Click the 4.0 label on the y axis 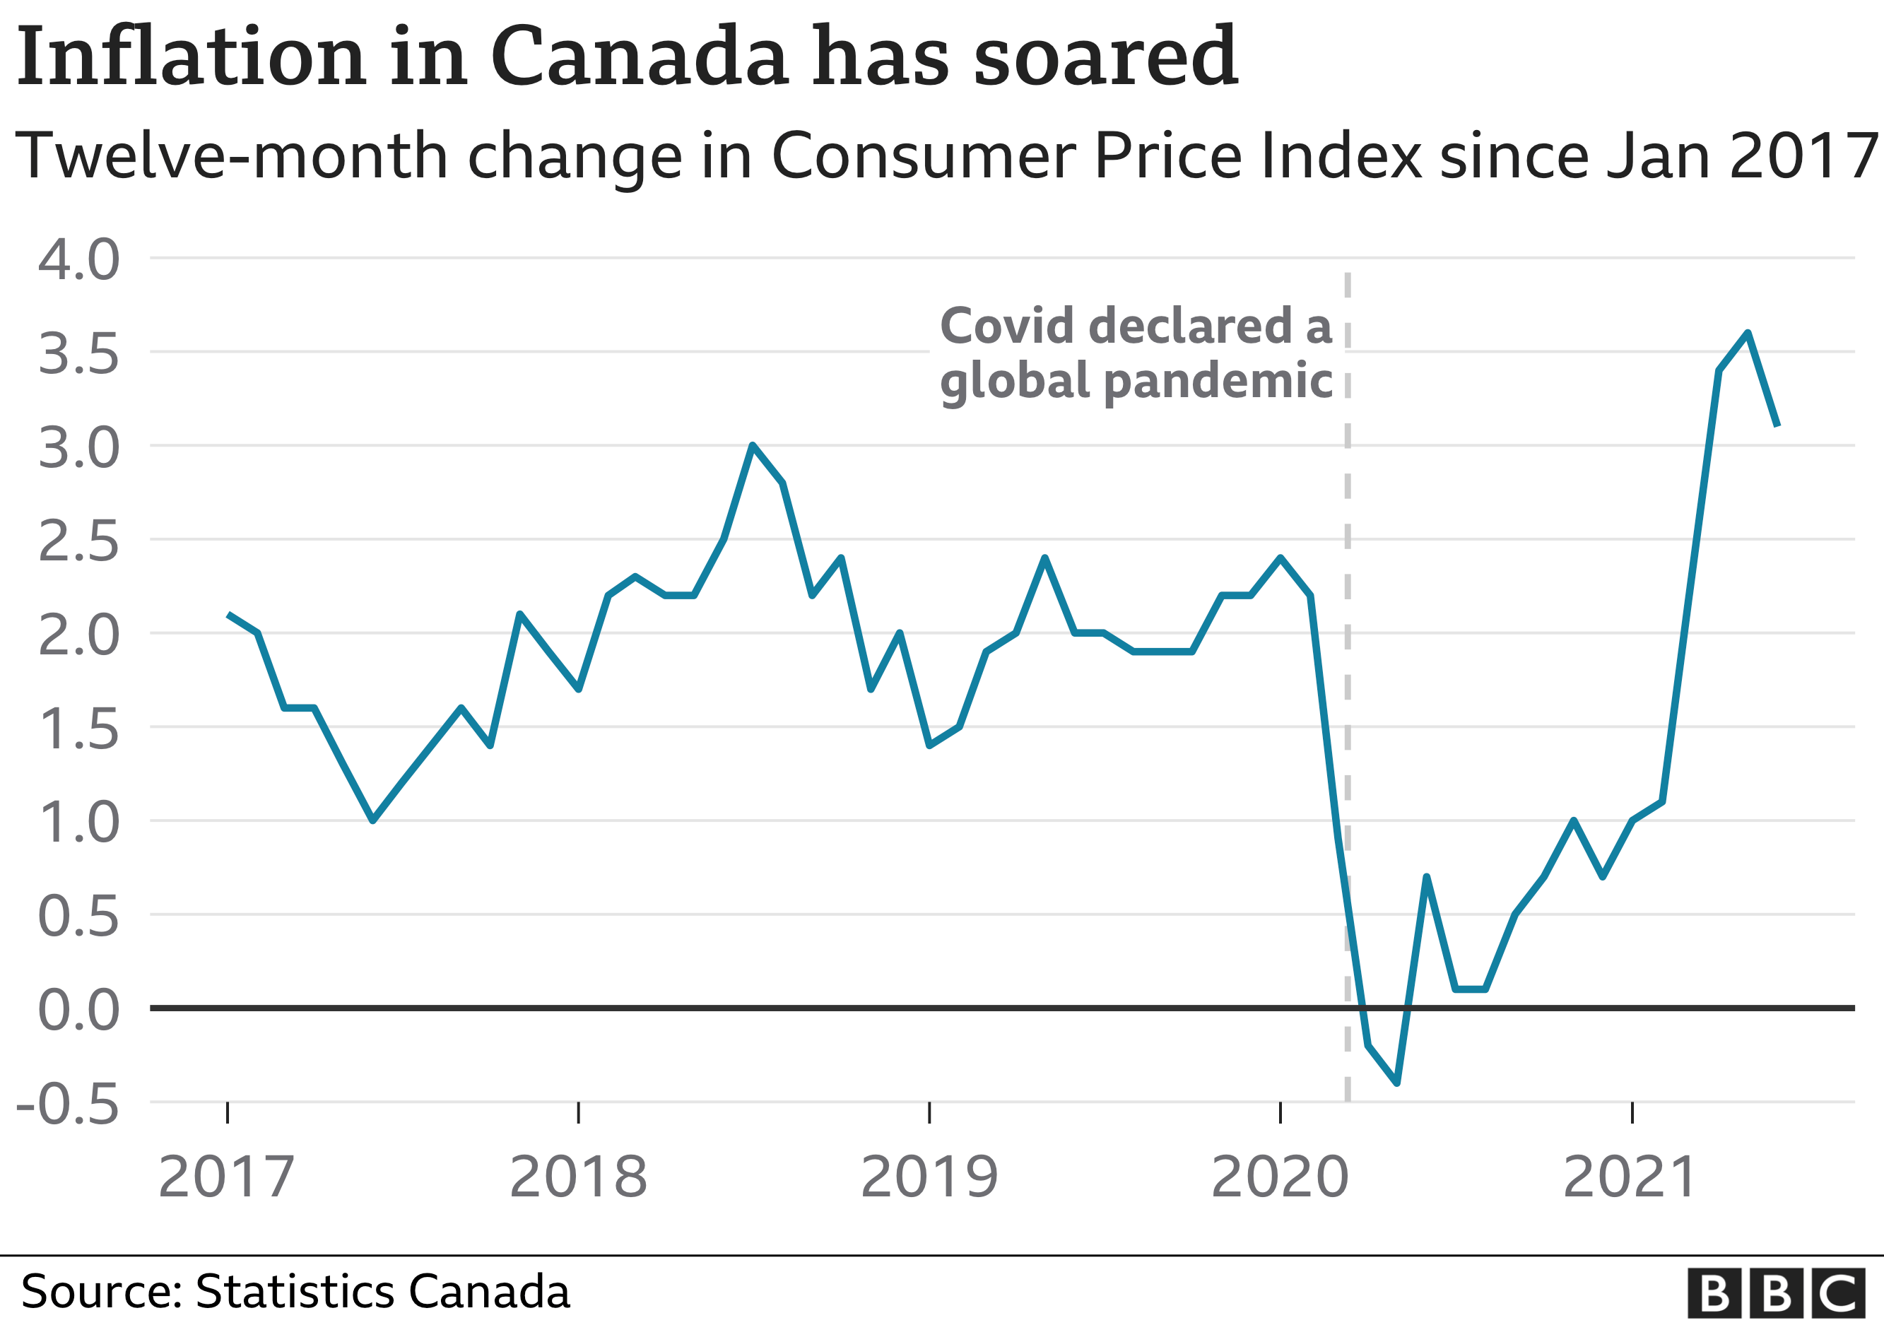click(78, 260)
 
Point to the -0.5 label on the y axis click(68, 1105)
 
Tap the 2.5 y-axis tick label click(78, 542)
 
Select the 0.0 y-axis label click(78, 1010)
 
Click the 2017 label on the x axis click(226, 1177)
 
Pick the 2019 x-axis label click(929, 1177)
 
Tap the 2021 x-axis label click(1630, 1177)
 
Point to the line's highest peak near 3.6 click(1748, 333)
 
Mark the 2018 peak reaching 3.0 click(753, 445)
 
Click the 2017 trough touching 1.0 click(373, 820)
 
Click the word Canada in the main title click(640, 57)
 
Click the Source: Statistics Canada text click(295, 1291)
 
